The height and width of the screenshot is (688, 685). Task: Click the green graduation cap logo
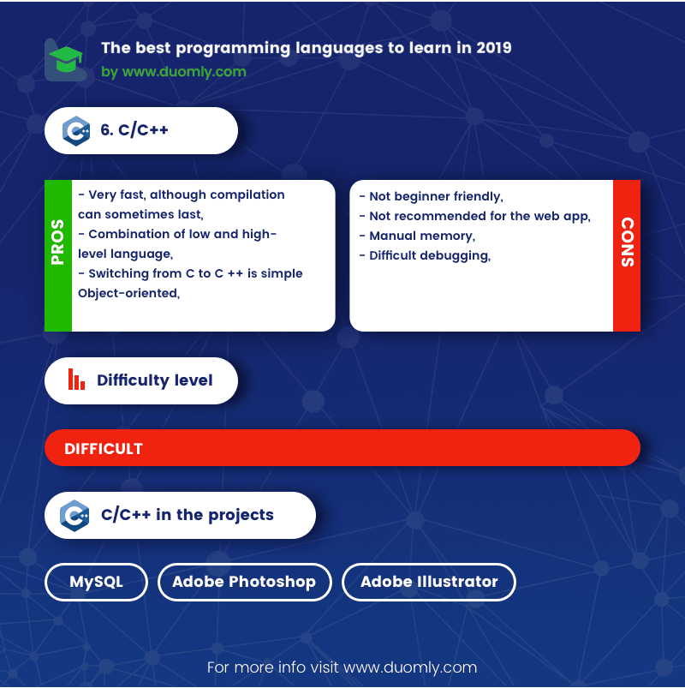point(66,59)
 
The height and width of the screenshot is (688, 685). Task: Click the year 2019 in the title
point(494,47)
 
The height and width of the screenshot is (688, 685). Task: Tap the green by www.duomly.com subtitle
point(174,71)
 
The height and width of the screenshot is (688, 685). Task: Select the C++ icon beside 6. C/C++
point(76,131)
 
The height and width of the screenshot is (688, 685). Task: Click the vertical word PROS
point(58,242)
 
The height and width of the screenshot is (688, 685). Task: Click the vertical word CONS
point(627,242)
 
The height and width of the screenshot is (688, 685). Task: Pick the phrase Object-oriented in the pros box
point(128,293)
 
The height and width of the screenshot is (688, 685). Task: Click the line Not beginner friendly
point(431,196)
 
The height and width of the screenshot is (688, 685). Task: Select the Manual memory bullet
point(417,236)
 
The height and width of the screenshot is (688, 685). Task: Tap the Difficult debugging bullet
point(425,256)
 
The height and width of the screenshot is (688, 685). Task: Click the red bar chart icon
point(76,379)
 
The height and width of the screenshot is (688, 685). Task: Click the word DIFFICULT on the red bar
point(104,449)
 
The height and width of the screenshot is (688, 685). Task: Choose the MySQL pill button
point(96,582)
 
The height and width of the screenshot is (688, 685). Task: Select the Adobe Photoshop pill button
point(244,582)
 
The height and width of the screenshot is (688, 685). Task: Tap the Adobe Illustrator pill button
point(428,582)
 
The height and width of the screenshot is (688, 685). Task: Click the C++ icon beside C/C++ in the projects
point(74,516)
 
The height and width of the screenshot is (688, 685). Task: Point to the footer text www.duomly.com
point(410,667)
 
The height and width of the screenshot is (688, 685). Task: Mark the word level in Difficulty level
point(194,380)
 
